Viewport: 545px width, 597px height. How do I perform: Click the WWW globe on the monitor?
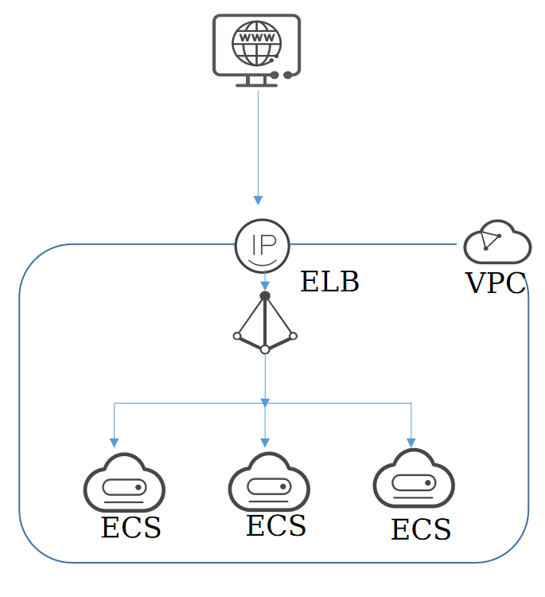tap(256, 44)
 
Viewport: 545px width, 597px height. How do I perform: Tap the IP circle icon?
tap(263, 246)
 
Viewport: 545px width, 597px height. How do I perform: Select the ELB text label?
tap(329, 281)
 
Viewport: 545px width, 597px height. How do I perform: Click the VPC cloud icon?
tap(497, 241)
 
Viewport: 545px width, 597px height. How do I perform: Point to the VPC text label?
tap(496, 283)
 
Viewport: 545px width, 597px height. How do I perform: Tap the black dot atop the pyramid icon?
tap(265, 296)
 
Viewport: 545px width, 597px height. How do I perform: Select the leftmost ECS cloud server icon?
tap(124, 482)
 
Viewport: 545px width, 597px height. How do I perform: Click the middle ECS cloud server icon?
tap(269, 482)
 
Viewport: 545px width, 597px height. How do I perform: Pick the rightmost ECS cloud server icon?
tap(414, 478)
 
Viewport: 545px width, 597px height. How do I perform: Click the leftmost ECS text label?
tap(131, 527)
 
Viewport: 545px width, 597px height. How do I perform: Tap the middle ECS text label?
tap(276, 525)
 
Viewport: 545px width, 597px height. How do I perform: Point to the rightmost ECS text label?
tap(422, 529)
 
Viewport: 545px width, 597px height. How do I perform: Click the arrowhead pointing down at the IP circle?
tap(258, 201)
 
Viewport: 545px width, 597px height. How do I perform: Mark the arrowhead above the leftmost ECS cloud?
tap(115, 443)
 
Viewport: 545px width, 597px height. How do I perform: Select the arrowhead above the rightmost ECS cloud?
tap(411, 443)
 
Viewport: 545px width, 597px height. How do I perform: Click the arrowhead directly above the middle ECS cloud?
tap(265, 443)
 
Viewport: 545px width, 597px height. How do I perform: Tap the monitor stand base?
tap(256, 85)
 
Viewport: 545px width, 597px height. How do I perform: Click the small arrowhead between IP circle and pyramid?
tap(265, 286)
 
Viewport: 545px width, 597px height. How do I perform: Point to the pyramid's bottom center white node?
tap(265, 349)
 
